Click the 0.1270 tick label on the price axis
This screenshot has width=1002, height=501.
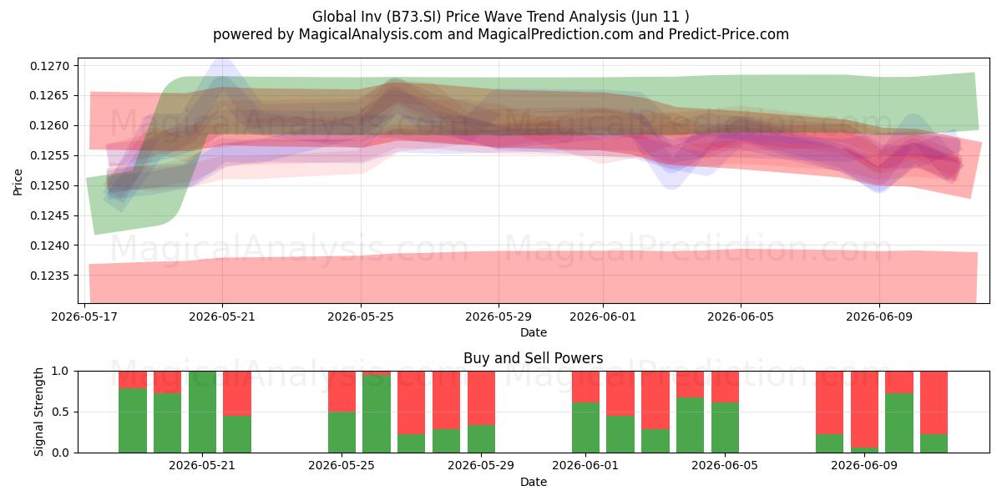tap(49, 66)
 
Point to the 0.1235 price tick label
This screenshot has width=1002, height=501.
tap(49, 276)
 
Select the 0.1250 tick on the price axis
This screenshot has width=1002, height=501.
tap(49, 185)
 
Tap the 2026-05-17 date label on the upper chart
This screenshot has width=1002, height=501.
tap(84, 316)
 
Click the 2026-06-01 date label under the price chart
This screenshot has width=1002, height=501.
tap(603, 316)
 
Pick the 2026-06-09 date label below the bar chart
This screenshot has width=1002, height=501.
tap(864, 465)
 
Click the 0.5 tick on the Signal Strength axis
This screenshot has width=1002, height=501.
tap(61, 412)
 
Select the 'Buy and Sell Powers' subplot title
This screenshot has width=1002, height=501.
tap(534, 358)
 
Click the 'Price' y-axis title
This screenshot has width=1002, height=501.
tap(18, 182)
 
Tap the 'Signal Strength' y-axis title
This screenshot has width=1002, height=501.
tap(39, 412)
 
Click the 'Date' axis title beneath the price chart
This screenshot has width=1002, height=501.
tap(534, 332)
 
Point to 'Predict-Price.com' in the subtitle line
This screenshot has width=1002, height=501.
tap(729, 34)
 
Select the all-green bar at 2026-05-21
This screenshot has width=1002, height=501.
tap(202, 412)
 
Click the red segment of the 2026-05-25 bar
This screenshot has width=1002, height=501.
tap(342, 392)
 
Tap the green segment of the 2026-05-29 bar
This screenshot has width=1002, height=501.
tap(481, 439)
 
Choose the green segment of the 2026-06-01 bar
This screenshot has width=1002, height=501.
tap(585, 428)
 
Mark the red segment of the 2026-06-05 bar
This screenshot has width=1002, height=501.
tap(725, 387)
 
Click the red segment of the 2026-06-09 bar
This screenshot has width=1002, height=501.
tap(864, 409)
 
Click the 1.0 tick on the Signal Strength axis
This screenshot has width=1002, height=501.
tap(61, 372)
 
